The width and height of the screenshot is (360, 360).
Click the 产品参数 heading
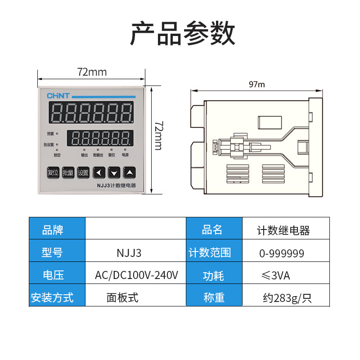[x=182, y=33]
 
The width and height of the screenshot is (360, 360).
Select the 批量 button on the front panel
[x=68, y=172]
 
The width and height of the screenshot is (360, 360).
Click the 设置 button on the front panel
[x=83, y=172]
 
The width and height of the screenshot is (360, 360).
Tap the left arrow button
[x=99, y=172]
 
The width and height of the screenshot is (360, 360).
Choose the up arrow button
[x=130, y=172]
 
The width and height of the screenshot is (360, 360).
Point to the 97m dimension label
[x=256, y=84]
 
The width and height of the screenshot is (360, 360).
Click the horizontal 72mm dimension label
[x=92, y=72]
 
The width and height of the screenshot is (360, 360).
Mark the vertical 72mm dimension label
[x=158, y=135]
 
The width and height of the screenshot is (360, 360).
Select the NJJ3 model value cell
[x=129, y=253]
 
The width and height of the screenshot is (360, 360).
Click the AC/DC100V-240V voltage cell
[x=136, y=275]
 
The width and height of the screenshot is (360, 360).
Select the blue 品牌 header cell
[x=53, y=230]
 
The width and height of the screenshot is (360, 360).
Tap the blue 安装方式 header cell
[x=52, y=297]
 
